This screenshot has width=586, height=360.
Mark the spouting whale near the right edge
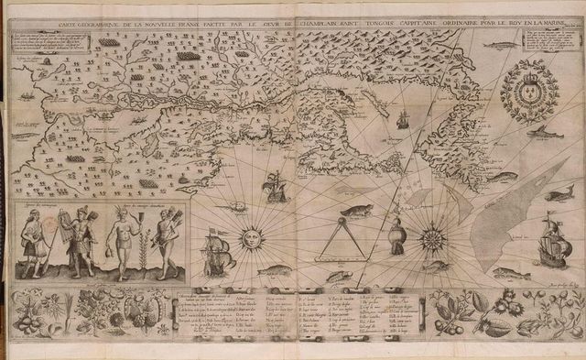point(553,195)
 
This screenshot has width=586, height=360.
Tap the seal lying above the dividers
point(355,212)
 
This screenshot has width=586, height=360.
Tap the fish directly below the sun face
point(274,270)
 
